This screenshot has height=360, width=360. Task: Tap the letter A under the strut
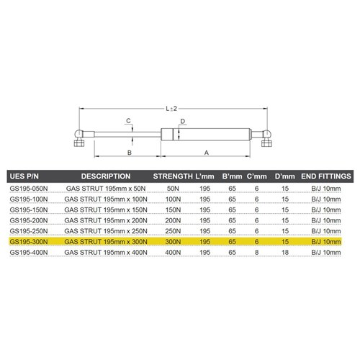(x=207, y=153)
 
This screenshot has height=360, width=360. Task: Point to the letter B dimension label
(x=129, y=153)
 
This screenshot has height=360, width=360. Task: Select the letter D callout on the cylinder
(x=184, y=121)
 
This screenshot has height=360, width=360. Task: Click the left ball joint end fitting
(x=78, y=137)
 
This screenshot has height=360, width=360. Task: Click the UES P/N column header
(x=24, y=176)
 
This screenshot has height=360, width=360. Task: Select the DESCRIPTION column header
(x=105, y=176)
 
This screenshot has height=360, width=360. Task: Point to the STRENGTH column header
(x=174, y=176)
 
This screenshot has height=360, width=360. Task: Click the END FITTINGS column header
(x=326, y=176)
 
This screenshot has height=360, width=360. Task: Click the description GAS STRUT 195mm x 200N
(x=106, y=222)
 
